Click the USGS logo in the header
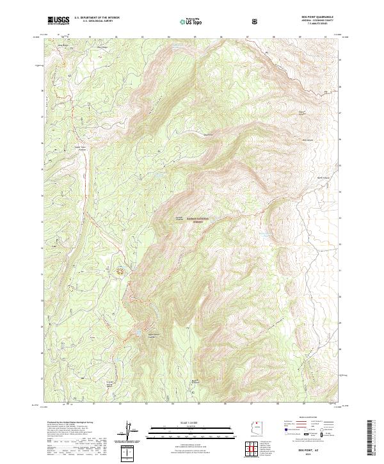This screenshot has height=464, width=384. [x=58, y=20]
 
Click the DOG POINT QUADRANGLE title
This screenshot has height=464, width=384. [x=319, y=17]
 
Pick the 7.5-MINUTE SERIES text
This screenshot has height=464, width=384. [x=319, y=24]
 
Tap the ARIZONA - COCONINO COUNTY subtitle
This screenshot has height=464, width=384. [x=319, y=20]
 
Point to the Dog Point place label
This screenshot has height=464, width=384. [x=207, y=134]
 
